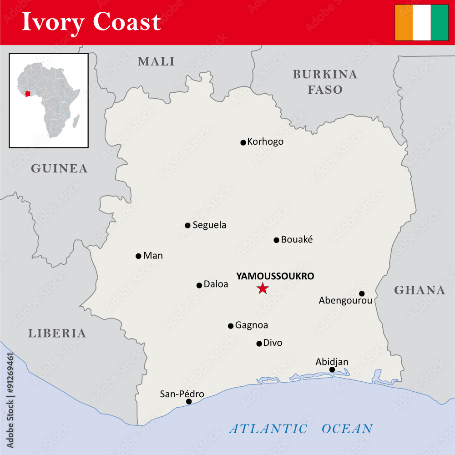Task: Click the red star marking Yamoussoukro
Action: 263,288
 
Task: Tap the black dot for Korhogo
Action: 243,142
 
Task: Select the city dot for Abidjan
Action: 332,369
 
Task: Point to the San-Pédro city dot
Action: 189,401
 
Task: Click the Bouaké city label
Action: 297,239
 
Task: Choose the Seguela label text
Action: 209,225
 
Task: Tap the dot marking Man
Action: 138,256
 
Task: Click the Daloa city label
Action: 216,284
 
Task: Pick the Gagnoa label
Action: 251,325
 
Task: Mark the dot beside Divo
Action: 259,344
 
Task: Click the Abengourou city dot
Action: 362,293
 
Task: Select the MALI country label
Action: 156,61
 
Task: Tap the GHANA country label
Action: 420,290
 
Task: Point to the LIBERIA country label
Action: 57,334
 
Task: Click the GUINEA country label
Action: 59,169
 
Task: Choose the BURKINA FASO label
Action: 325,82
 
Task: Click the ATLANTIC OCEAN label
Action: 301,429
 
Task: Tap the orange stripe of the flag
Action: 404,23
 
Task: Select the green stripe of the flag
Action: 439,23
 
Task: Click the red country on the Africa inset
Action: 28,94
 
